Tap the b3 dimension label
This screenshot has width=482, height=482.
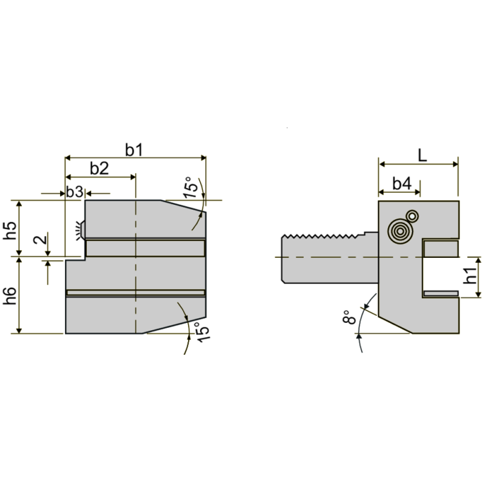tap(74, 192)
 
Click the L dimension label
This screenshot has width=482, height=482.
tap(422, 155)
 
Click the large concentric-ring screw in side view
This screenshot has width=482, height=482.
tap(399, 231)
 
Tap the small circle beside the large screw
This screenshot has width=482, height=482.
tap(413, 216)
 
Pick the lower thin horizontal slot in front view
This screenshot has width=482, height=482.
tap(136, 293)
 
